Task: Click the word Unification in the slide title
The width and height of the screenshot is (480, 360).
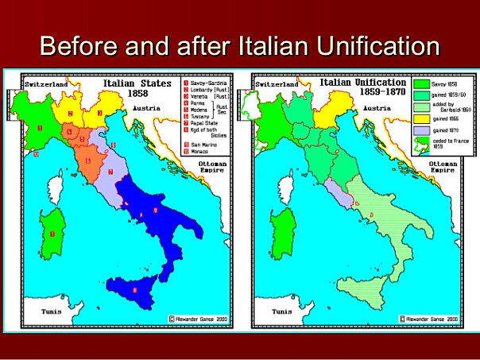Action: coord(373,45)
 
